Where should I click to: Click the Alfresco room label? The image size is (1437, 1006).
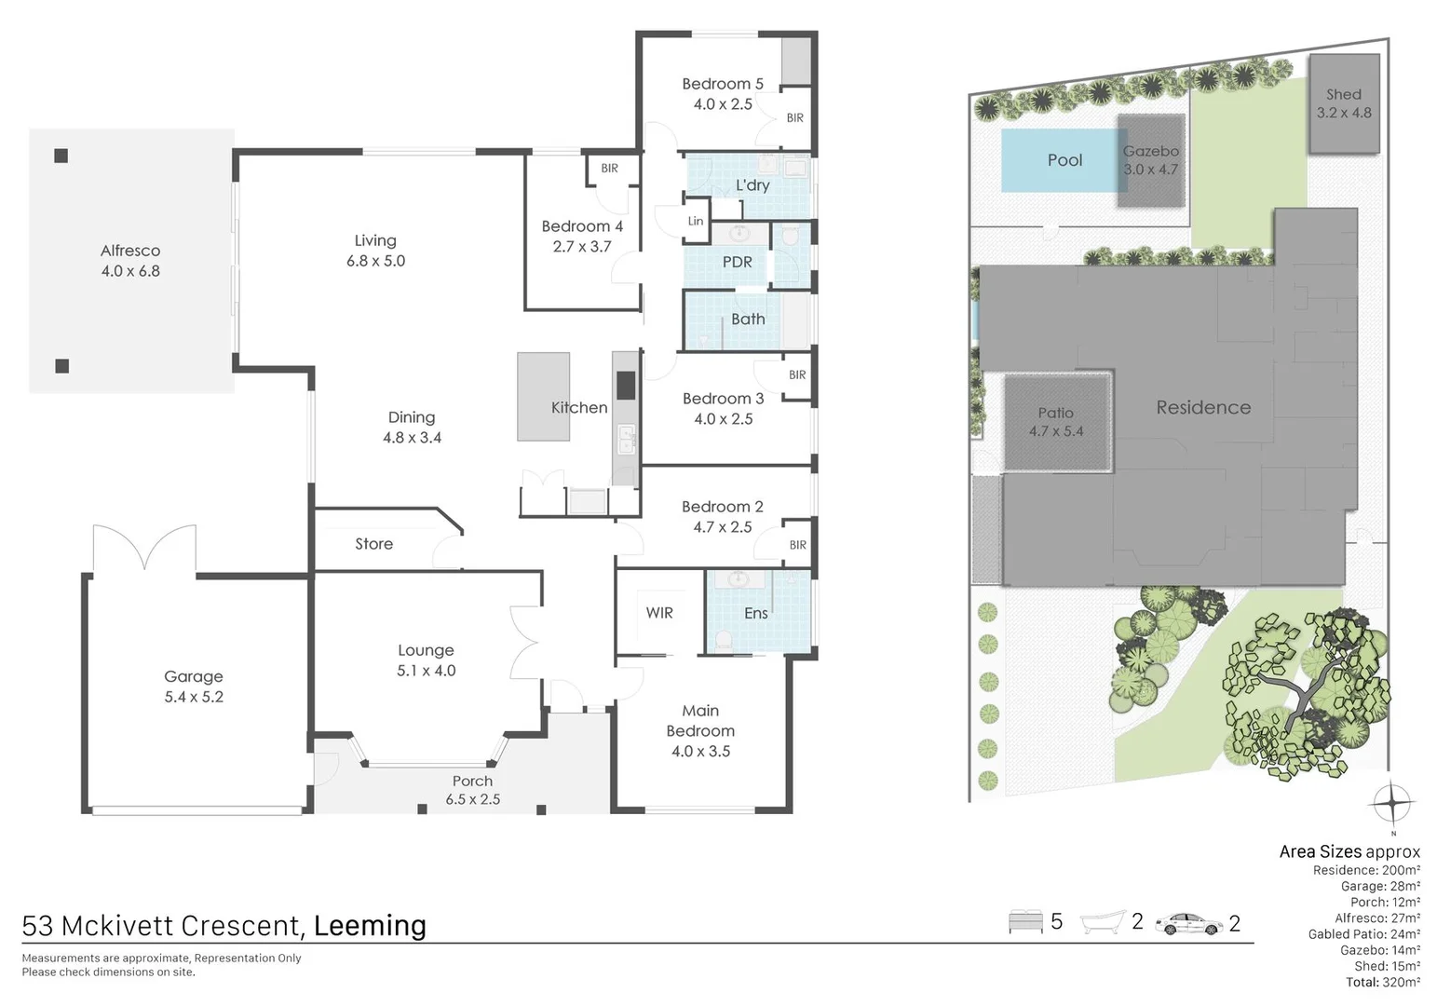coord(130,251)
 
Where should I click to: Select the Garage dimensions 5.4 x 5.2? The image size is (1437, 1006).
coord(194,697)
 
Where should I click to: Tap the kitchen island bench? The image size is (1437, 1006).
coord(543,396)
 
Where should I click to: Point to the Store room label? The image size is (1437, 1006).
coord(373,544)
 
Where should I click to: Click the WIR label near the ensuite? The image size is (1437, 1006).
coord(659,613)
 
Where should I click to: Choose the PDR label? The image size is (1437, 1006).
coord(737,263)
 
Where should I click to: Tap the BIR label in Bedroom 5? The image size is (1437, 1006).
coord(794,118)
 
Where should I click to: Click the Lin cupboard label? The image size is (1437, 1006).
coord(696,222)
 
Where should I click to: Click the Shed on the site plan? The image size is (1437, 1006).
coord(1343,103)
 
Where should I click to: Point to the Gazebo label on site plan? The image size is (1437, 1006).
coord(1151,151)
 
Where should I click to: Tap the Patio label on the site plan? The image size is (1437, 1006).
coord(1056,413)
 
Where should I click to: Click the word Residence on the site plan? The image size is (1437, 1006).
coord(1203,407)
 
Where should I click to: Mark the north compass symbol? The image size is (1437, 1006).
coord(1392,802)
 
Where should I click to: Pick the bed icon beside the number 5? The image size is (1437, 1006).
coord(1025,922)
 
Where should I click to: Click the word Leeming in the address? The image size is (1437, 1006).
coord(370,926)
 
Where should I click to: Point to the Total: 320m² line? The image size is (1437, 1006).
coord(1382,982)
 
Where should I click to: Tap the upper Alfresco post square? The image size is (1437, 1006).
coord(61,156)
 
